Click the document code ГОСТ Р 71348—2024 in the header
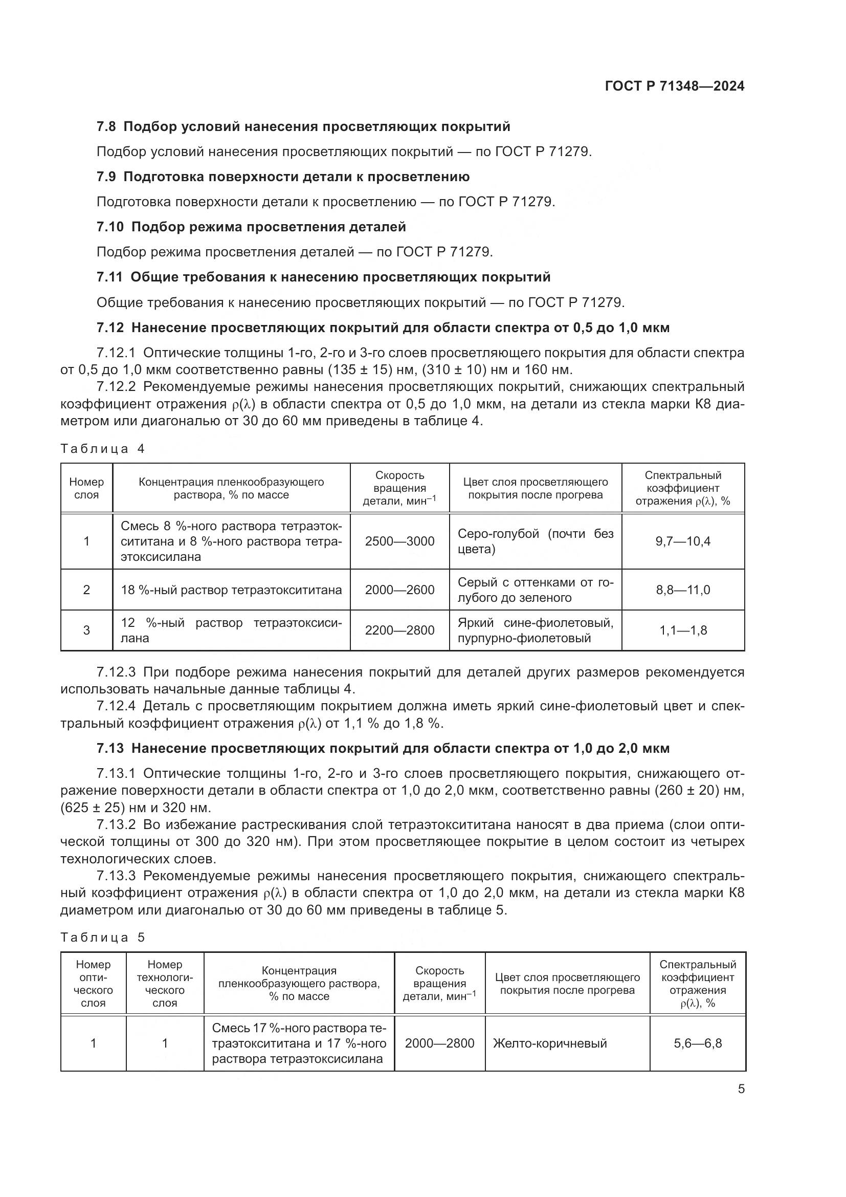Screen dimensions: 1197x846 point(674,86)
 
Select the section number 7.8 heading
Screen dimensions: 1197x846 point(107,127)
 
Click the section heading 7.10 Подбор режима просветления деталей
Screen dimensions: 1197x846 point(252,227)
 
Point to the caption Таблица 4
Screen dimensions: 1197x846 point(102,449)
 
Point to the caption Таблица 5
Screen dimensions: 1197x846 point(102,938)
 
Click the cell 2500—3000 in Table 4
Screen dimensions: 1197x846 point(399,541)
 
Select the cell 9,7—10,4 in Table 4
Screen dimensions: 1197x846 point(682,541)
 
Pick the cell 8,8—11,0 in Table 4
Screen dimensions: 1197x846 point(682,590)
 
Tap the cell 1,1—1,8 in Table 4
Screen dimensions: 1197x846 point(682,630)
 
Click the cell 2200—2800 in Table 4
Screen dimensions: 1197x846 point(399,630)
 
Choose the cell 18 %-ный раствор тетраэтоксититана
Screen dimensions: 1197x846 point(231,590)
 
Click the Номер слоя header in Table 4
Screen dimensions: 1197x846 point(86,489)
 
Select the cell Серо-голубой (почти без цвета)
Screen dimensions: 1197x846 point(535,541)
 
